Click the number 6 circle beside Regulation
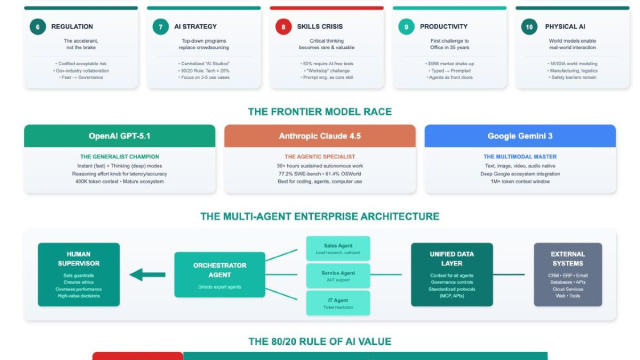[x=37, y=27]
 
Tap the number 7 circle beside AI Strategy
[x=160, y=27]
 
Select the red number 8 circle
[x=283, y=27]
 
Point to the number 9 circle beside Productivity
[x=406, y=27]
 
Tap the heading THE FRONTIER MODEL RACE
[x=320, y=111]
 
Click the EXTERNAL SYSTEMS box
[x=566, y=272]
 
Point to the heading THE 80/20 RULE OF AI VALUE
[x=320, y=340]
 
